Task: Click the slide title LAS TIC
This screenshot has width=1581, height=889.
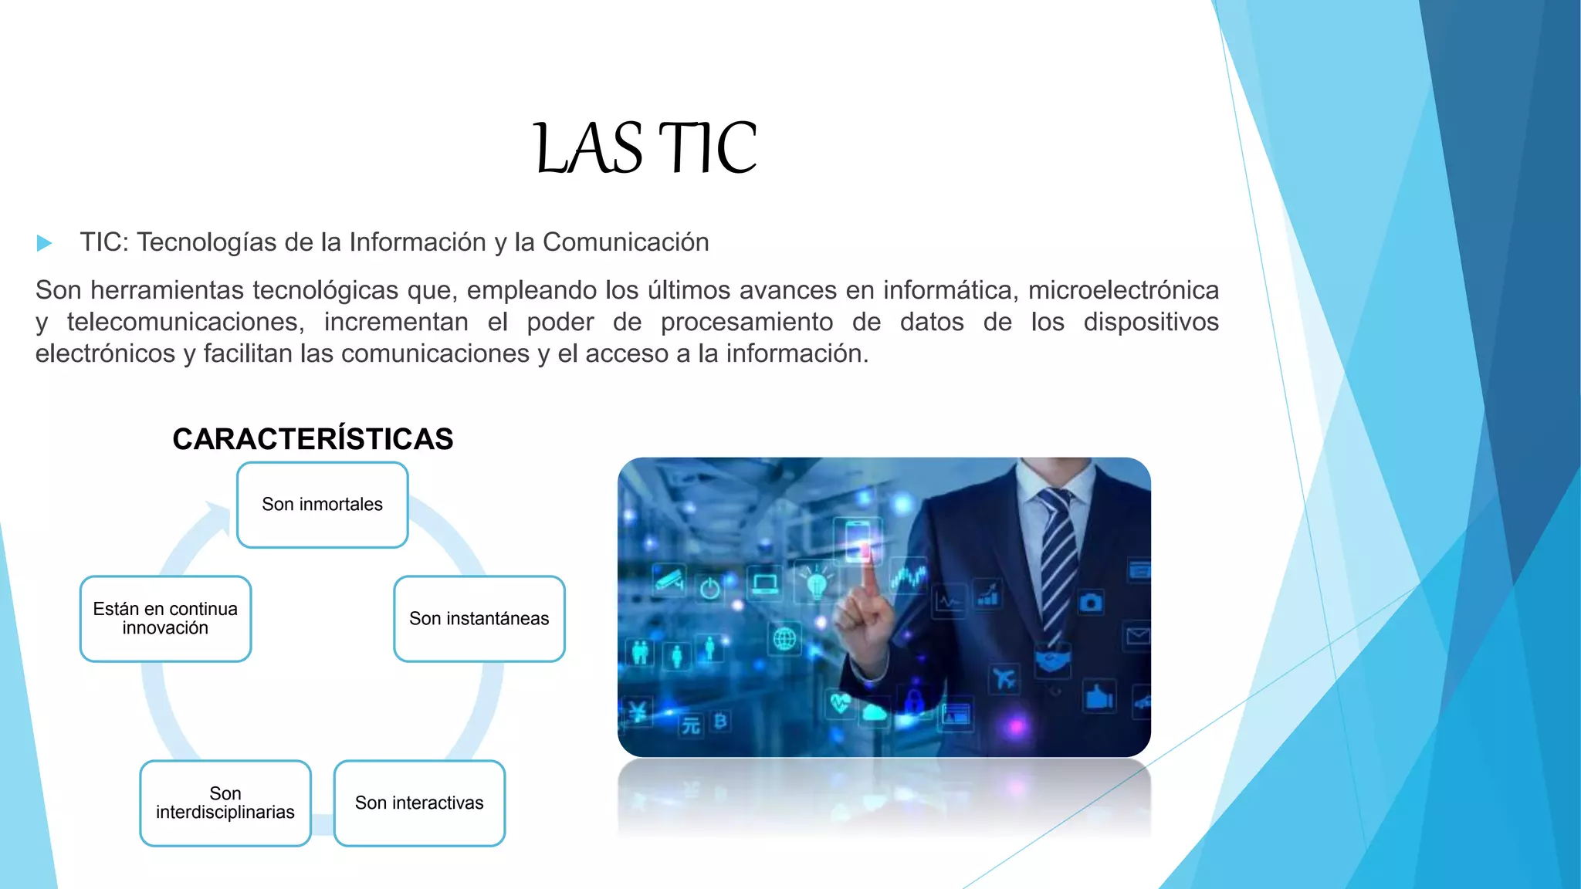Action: coord(645,147)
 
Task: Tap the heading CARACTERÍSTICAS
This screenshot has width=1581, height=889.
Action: coord(313,439)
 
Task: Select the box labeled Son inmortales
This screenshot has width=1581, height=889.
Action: coord(322,505)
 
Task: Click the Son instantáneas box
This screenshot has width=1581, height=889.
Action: coord(479,619)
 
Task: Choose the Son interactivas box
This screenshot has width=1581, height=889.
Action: coord(419,803)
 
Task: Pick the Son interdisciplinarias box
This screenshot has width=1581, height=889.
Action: coord(225,803)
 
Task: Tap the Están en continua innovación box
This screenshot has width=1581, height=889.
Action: coord(165,619)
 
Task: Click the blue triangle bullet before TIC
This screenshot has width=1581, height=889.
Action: coord(44,244)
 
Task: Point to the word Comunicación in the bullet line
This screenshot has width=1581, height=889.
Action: coord(625,242)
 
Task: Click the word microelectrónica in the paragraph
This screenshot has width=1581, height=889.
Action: coord(1123,290)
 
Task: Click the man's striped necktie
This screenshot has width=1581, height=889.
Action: coord(1055,563)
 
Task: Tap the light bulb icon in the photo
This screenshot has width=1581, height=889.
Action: coord(816,582)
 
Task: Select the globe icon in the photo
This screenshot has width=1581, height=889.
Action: coord(784,639)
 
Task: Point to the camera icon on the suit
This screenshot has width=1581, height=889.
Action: coord(1090,602)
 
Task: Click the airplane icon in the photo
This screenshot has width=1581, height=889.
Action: coord(1004,679)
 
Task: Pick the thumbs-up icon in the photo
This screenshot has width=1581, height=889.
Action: coord(1099,697)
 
